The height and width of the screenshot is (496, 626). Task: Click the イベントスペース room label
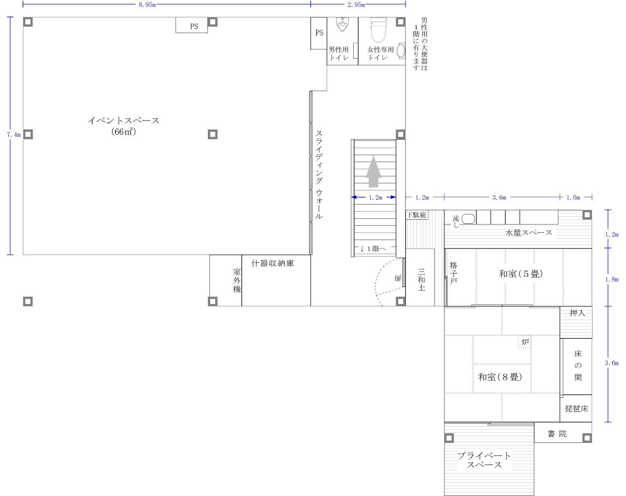pyautogui.click(x=123, y=120)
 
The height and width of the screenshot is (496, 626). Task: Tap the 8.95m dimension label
pyautogui.click(x=147, y=4)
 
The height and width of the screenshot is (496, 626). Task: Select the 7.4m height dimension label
pyautogui.click(x=14, y=135)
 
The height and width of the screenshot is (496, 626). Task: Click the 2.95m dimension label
pyautogui.click(x=356, y=4)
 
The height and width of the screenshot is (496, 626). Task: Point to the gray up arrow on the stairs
pyautogui.click(x=373, y=171)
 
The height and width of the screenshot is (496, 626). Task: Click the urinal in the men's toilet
pyautogui.click(x=342, y=24)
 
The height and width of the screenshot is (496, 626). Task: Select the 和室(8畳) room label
pyautogui.click(x=500, y=377)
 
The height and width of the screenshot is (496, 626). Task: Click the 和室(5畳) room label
pyautogui.click(x=521, y=274)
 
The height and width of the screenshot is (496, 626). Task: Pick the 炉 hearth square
pyautogui.click(x=525, y=342)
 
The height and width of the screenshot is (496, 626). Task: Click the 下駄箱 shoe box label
pyautogui.click(x=417, y=215)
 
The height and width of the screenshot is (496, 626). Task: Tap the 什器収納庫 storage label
pyautogui.click(x=272, y=264)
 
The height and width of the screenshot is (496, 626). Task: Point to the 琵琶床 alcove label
pyautogui.click(x=576, y=409)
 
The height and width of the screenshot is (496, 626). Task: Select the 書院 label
pyautogui.click(x=557, y=434)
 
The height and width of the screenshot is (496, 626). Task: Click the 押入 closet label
pyautogui.click(x=577, y=313)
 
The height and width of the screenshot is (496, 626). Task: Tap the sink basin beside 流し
pyautogui.click(x=468, y=219)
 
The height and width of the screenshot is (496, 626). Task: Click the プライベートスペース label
pyautogui.click(x=484, y=460)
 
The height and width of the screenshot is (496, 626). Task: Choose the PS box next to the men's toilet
pyautogui.click(x=319, y=33)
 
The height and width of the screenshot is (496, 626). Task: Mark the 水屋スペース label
pyautogui.click(x=528, y=233)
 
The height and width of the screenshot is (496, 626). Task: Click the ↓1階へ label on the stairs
pyautogui.click(x=373, y=249)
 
